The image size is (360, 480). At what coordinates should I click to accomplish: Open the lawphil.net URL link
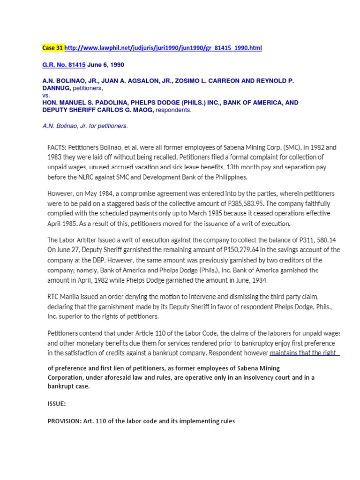coord(163,48)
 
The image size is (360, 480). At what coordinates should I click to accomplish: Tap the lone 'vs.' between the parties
coord(46,94)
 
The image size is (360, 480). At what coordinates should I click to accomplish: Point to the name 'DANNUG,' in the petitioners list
coord(56,88)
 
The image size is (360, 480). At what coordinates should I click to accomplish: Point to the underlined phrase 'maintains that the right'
coord(304,352)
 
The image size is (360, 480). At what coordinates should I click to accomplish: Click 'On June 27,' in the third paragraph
coord(64,250)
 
